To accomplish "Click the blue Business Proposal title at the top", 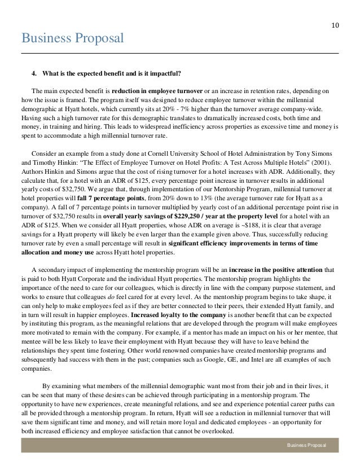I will click(x=72, y=38).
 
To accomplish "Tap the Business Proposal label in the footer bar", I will click(x=309, y=446).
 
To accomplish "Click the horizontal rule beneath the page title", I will click(x=180, y=53).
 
